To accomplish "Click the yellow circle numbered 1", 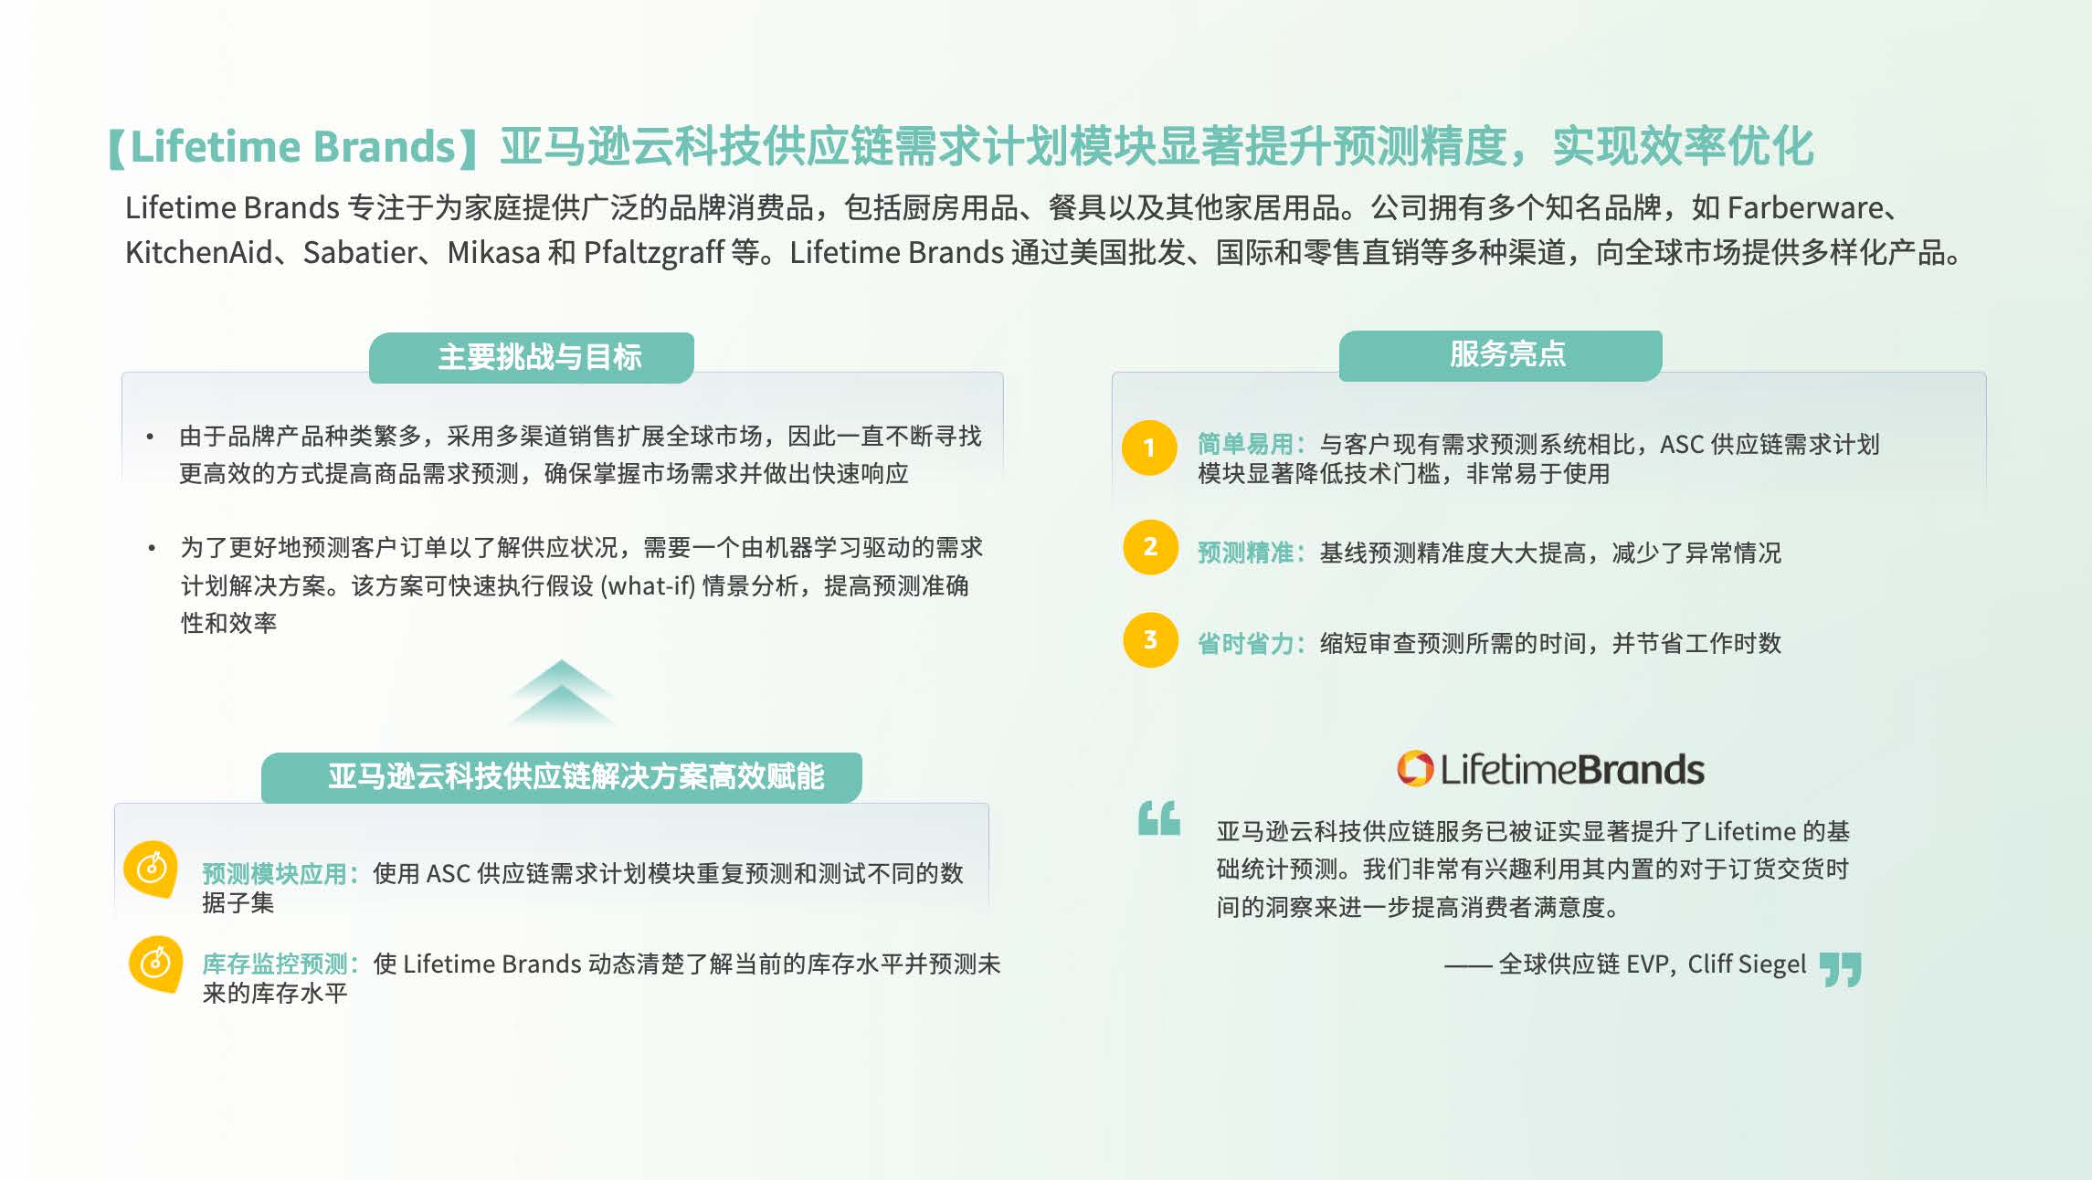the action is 1149,448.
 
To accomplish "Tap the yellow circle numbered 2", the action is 1150,547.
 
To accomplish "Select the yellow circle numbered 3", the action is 1150,639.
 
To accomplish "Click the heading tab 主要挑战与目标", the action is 532,357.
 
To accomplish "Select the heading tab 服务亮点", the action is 1501,355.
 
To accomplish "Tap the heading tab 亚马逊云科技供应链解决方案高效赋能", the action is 562,777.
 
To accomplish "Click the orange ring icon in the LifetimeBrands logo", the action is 1415,768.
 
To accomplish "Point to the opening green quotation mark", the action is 1159,818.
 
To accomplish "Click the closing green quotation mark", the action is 1840,970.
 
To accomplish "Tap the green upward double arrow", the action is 562,692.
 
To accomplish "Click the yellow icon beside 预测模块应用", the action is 152,869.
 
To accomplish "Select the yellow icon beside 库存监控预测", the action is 156,964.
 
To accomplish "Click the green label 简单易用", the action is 1245,444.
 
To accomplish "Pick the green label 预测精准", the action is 1245,553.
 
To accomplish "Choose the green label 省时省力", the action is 1245,644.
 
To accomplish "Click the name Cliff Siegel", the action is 1747,964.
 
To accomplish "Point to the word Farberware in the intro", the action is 1804,208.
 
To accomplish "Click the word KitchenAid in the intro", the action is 198,252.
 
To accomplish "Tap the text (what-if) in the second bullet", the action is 648,585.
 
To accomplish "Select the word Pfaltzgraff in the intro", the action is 654,253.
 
